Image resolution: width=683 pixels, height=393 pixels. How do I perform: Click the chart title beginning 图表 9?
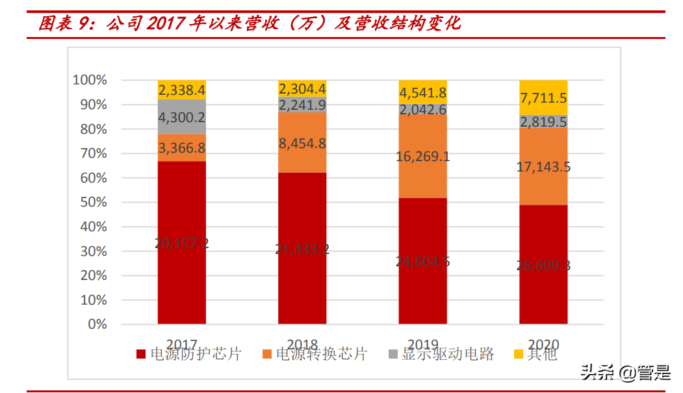pos(250,24)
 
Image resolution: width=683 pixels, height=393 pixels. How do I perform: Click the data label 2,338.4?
pos(182,90)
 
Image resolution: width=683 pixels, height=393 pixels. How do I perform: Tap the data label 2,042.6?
pos(422,110)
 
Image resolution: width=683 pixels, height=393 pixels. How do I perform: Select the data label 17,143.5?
pos(543,167)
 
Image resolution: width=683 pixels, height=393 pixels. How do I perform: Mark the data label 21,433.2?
pos(302,249)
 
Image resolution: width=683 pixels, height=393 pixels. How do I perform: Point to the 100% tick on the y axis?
pos(90,80)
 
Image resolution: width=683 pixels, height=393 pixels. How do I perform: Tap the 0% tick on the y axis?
pos(96,324)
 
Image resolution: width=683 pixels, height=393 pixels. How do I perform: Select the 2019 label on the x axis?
pos(422,344)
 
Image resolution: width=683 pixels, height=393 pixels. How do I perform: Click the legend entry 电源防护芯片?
pos(188,354)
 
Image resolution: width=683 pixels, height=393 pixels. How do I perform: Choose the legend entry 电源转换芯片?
pos(315,354)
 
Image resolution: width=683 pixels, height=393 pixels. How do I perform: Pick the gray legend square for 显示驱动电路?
pos(393,354)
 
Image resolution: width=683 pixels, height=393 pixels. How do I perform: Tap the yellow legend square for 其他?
pos(519,354)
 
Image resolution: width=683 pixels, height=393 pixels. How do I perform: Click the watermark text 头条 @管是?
pos(625,372)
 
